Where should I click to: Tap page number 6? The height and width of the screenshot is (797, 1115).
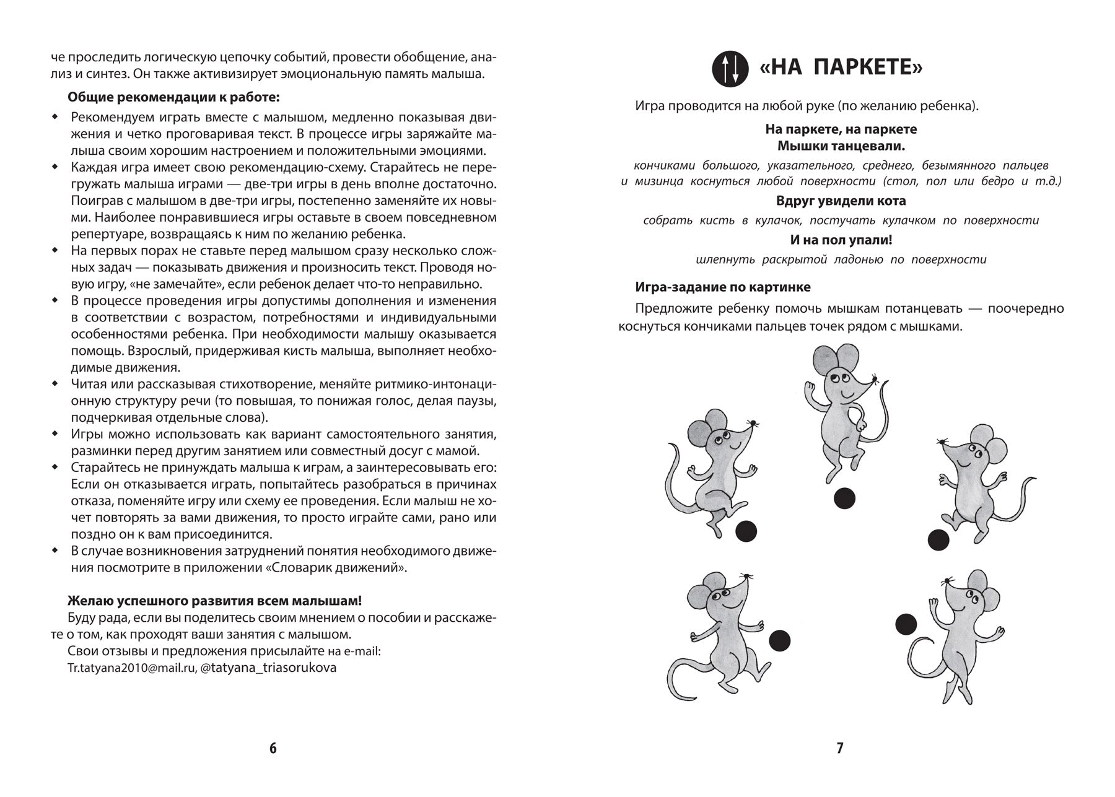[x=273, y=748]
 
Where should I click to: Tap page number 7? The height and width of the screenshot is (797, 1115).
[x=840, y=748]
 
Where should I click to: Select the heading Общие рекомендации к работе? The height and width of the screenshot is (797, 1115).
[x=173, y=97]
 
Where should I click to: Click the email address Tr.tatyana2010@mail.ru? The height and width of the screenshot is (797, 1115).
[x=131, y=668]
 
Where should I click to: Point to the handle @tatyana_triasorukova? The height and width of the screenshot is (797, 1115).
[x=269, y=668]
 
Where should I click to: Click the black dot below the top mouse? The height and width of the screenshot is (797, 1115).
[x=844, y=498]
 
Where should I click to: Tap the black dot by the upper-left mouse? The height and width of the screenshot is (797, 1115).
[x=746, y=531]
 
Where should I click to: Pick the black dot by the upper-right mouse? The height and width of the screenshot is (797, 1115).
[x=938, y=540]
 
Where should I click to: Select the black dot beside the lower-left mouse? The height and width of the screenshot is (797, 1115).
[x=780, y=640]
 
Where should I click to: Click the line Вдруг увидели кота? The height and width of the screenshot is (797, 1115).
[x=841, y=201]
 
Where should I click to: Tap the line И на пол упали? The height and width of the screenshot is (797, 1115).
[x=841, y=240]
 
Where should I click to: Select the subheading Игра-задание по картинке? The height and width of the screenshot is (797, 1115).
[x=723, y=287]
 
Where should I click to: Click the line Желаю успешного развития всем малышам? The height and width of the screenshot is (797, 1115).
[x=214, y=601]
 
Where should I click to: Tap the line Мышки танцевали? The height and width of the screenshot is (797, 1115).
[x=841, y=146]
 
